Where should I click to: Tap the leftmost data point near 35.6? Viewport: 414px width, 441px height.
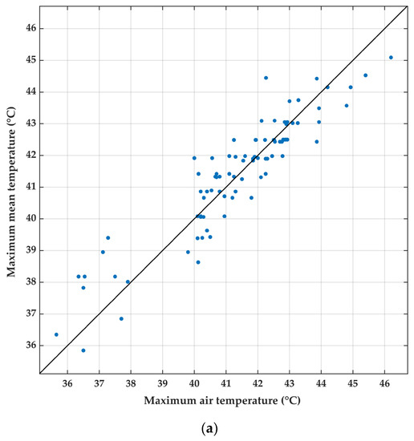click(56, 334)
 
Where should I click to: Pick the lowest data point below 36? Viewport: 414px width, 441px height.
click(83, 350)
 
